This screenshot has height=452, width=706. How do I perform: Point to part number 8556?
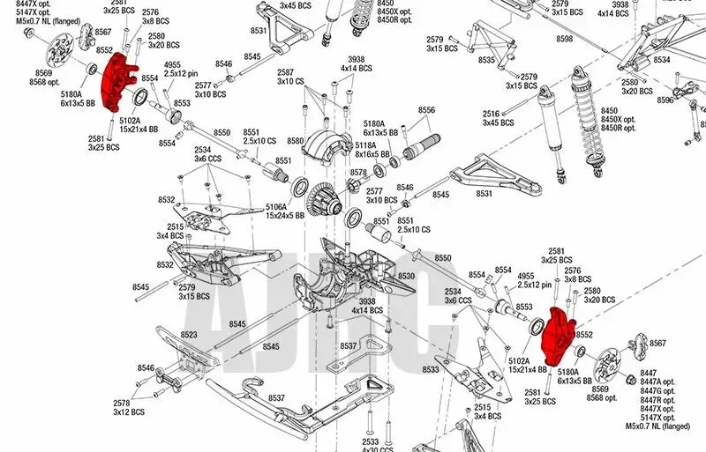pyautogui.click(x=426, y=110)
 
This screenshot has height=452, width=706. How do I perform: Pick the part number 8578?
pyautogui.click(x=358, y=173)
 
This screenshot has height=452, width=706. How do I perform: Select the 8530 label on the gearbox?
pyautogui.click(x=406, y=276)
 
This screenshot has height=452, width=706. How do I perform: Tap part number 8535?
pyautogui.click(x=485, y=60)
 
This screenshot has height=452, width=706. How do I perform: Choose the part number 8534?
pyautogui.click(x=661, y=60)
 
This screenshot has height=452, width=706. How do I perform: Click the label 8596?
pyautogui.click(x=665, y=100)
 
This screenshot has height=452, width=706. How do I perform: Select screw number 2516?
pyautogui.click(x=492, y=113)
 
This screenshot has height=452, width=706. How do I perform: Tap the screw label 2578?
pyautogui.click(x=123, y=403)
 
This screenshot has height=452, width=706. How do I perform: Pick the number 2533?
pyautogui.click(x=370, y=441)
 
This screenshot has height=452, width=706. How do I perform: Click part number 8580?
pyautogui.click(x=295, y=141)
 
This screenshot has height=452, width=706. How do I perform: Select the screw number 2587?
pyautogui.click(x=285, y=72)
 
